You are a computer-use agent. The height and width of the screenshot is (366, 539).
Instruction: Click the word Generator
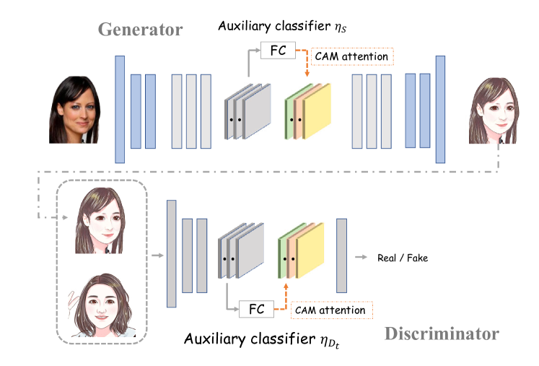(140, 30)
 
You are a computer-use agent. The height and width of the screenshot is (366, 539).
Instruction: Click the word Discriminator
(442, 334)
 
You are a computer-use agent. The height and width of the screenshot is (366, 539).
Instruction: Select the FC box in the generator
(277, 51)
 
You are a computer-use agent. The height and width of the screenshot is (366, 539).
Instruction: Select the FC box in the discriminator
(256, 309)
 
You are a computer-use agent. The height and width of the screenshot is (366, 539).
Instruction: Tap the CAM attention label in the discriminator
(333, 310)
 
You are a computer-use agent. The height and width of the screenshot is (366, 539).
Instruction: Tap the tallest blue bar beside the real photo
(120, 108)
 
